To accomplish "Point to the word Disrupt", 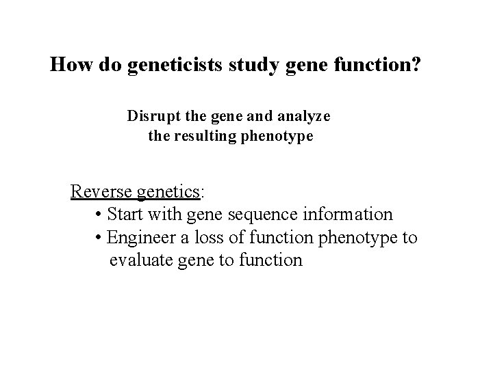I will pos(151,116).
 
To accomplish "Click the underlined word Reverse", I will pos(101,191).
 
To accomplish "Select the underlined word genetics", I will pos(168,191).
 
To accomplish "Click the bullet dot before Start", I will pos(100,215).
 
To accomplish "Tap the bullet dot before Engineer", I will pos(100,238).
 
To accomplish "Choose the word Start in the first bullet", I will pos(125,215).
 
